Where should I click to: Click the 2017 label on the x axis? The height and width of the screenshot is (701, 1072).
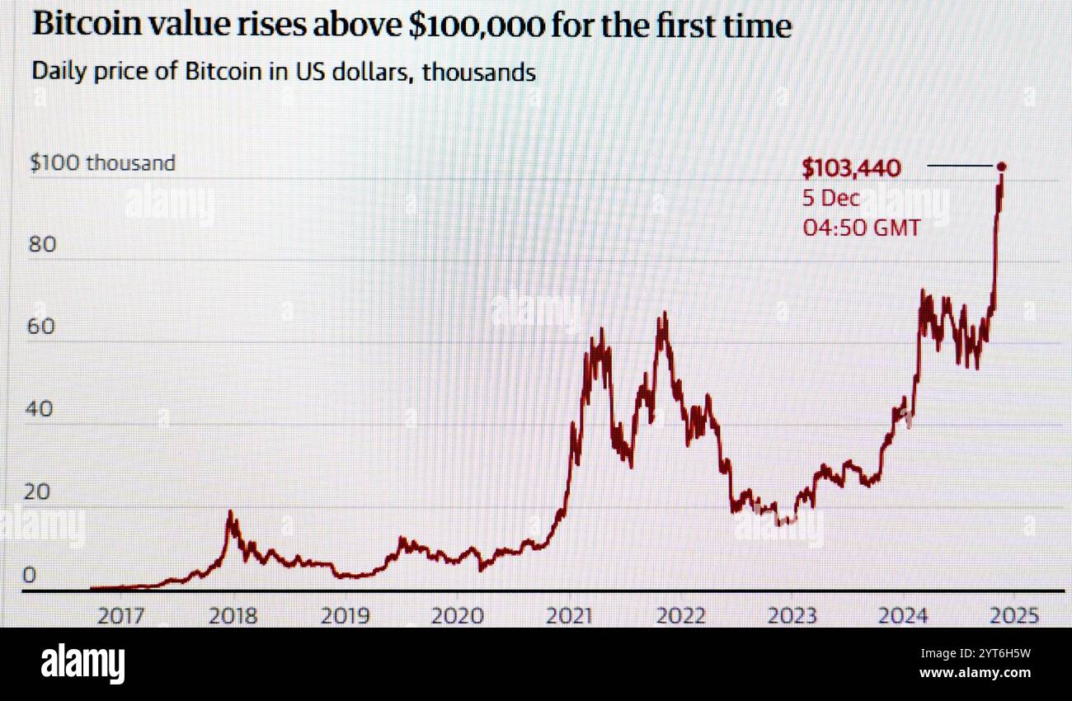[x=120, y=615]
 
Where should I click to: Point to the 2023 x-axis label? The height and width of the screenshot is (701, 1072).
[x=792, y=615]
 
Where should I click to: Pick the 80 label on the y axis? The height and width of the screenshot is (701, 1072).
[x=43, y=244]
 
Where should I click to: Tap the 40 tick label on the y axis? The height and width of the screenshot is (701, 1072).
[x=43, y=409]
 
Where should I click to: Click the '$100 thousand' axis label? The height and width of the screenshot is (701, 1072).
[x=102, y=162]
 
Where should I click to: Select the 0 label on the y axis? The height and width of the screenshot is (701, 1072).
[x=29, y=575]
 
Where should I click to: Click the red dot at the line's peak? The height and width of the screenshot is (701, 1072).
[x=1002, y=167]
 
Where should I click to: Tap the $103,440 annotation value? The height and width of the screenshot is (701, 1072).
[x=851, y=169]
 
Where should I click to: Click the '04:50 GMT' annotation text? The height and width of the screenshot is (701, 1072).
[x=861, y=227]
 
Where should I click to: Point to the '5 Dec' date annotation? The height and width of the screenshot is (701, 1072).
[x=830, y=198]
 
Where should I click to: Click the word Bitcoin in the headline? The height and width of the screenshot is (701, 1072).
[x=89, y=25]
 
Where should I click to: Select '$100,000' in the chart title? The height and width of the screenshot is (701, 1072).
[x=476, y=25]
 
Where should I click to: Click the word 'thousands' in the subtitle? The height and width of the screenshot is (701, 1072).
[x=478, y=72]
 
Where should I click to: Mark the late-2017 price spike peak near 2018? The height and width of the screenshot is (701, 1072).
[x=230, y=512]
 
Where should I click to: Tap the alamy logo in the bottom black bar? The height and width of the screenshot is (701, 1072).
[x=82, y=664]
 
